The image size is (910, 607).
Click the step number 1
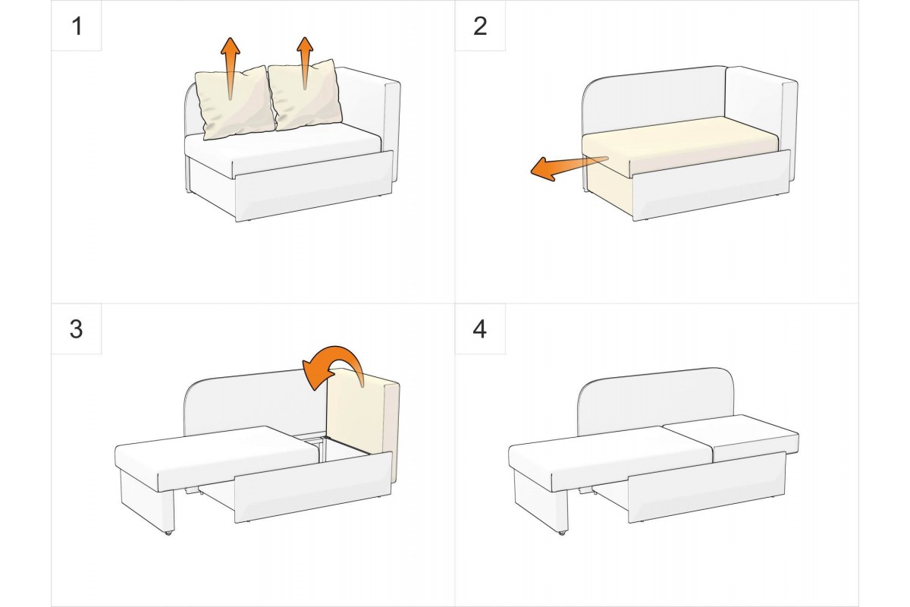[77, 27]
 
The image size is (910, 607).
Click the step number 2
[480, 27]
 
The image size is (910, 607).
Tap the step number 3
[77, 329]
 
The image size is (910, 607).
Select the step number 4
[480, 329]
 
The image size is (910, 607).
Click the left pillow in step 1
[234, 103]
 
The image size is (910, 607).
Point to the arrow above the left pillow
[231, 68]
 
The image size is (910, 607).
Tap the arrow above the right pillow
[305, 63]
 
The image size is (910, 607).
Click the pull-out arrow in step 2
[569, 168]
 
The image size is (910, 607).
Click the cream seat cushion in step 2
[679, 146]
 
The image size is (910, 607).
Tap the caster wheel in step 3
[168, 532]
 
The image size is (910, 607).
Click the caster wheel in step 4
[562, 532]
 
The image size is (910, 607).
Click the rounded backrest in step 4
[655, 401]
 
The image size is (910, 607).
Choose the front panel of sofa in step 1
[314, 186]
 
